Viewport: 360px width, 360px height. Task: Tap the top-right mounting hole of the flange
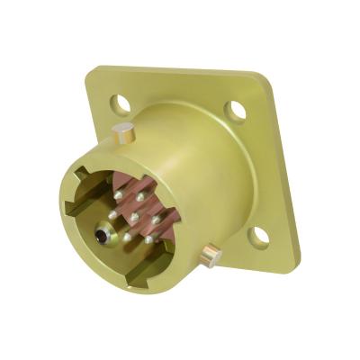[236, 111]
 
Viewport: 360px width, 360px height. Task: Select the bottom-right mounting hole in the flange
[259, 238]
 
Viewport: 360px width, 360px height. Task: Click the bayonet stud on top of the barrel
[125, 134]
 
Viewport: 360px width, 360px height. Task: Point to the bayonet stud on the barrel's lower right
[211, 256]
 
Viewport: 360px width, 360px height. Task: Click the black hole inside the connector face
[100, 238]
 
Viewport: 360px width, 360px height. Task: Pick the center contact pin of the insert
[134, 217]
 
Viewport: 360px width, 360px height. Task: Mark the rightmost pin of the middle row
[155, 219]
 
